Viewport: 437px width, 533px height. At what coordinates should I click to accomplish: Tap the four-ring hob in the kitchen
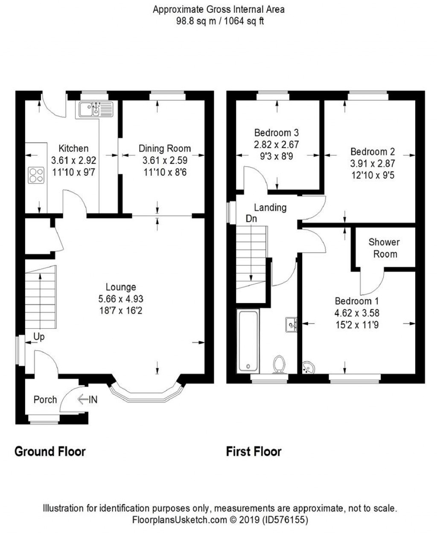(36, 175)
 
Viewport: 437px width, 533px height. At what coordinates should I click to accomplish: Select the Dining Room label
(165, 149)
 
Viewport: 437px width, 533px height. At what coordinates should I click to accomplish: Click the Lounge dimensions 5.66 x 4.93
(121, 299)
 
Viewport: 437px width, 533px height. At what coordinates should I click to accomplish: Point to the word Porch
(45, 399)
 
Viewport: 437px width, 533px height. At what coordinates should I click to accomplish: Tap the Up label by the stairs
(39, 337)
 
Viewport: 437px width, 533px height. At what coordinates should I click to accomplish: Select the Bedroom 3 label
(277, 132)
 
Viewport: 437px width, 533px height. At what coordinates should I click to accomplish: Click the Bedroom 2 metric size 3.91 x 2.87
(373, 163)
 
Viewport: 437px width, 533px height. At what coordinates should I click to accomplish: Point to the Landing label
(270, 207)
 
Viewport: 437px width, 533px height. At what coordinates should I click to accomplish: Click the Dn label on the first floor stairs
(251, 218)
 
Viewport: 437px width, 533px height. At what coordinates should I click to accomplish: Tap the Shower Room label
(385, 248)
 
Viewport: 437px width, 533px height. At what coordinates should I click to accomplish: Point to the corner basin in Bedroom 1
(308, 367)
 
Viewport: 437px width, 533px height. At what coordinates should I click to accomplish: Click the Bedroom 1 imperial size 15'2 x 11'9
(357, 325)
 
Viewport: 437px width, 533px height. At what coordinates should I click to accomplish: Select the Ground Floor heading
(50, 451)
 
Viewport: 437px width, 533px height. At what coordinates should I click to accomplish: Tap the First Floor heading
(254, 451)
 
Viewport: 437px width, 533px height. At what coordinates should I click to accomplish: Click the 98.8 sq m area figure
(196, 21)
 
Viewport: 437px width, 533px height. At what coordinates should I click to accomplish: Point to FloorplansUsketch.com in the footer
(180, 520)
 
